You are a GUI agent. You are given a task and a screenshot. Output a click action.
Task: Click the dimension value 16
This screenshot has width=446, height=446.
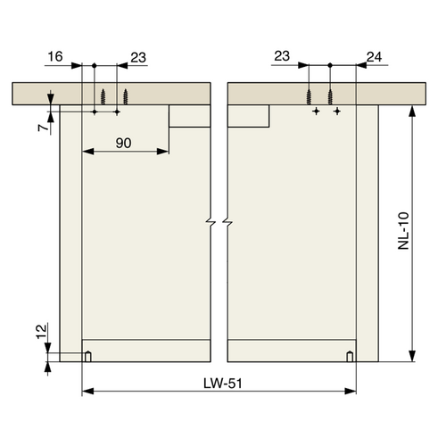pyautogui.click(x=54, y=56)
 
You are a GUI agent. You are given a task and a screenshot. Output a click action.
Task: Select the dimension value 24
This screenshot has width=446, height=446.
pyautogui.click(x=374, y=56)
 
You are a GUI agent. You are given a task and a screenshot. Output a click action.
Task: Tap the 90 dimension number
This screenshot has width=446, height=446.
pyautogui.click(x=125, y=143)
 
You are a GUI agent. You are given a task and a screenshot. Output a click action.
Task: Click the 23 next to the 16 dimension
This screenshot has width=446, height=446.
pyautogui.click(x=138, y=56)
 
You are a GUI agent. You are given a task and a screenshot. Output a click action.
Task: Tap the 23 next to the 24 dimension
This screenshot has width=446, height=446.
pyautogui.click(x=283, y=56)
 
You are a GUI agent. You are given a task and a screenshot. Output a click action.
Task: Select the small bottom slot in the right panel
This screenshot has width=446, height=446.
pyautogui.click(x=350, y=357)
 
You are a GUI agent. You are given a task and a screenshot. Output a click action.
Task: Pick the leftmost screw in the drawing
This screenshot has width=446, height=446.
pyautogui.click(x=106, y=96)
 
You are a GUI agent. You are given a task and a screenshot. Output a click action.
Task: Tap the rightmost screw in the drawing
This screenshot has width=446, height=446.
pyautogui.click(x=331, y=96)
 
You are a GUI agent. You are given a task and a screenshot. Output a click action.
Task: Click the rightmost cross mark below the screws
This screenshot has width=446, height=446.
pyautogui.click(x=337, y=111)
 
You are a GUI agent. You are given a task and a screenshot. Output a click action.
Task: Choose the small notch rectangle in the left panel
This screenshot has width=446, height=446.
pyautogui.click(x=188, y=117)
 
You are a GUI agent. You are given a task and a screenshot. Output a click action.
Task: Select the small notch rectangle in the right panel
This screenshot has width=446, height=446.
pyautogui.click(x=250, y=117)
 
